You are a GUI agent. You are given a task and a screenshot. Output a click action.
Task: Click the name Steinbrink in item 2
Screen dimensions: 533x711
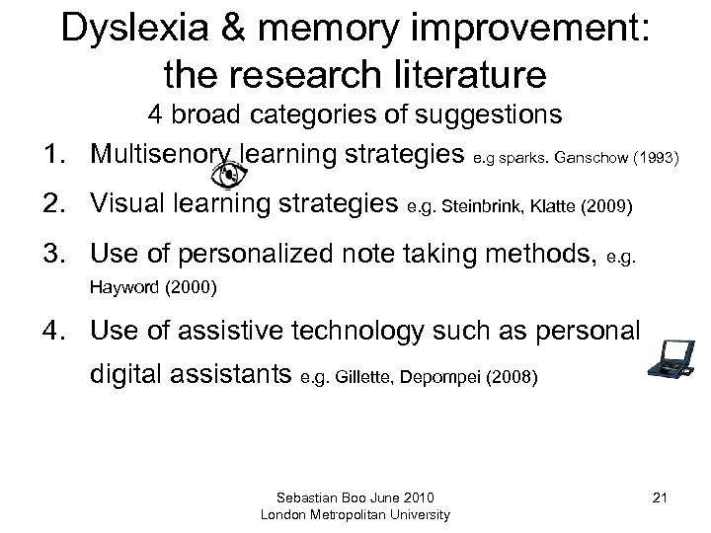(473, 208)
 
